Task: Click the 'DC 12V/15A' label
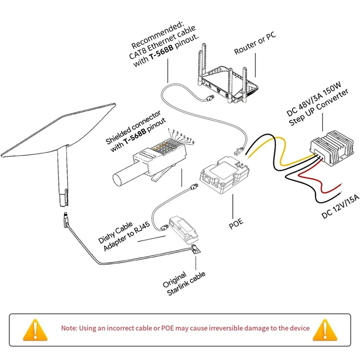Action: pos(341,205)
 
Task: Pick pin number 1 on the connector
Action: pos(169,130)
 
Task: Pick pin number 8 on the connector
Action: pos(193,143)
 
